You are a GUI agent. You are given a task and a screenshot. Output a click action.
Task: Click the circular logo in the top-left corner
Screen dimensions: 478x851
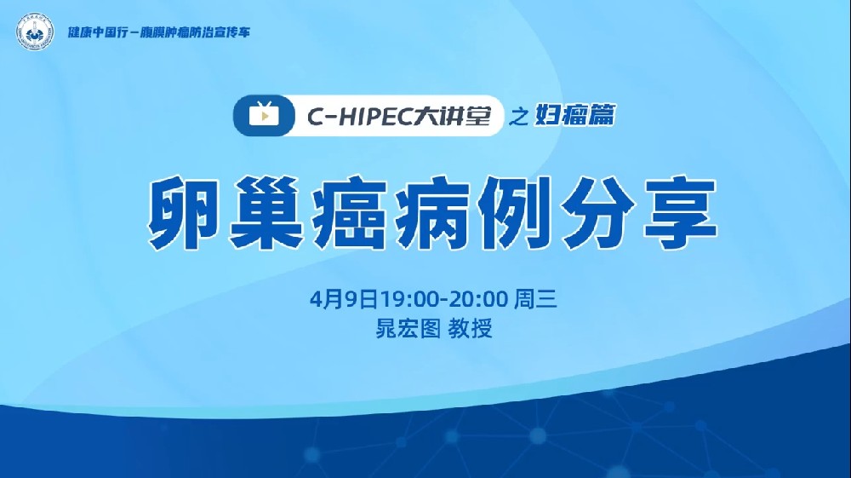tap(34, 32)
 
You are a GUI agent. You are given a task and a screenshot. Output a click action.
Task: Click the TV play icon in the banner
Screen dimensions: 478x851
tap(265, 117)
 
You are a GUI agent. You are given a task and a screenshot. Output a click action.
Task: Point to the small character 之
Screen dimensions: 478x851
tap(517, 118)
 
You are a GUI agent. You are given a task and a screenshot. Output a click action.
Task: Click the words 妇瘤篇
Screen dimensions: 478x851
tap(573, 118)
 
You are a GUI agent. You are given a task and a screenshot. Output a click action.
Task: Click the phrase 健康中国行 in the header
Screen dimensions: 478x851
tap(95, 32)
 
